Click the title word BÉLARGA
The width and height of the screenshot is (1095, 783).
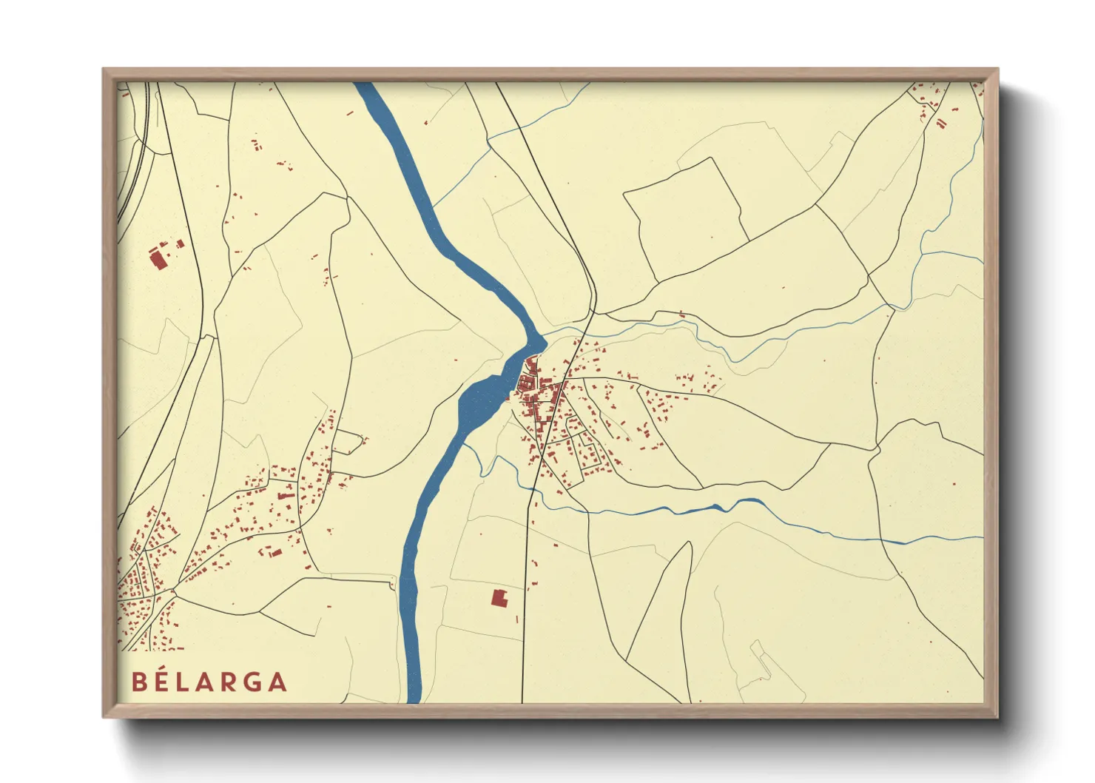209,682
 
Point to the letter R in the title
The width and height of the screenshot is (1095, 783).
229,682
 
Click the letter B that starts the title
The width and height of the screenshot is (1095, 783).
139,682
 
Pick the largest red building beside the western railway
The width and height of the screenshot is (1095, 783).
157,259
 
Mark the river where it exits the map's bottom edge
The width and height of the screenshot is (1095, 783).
413,696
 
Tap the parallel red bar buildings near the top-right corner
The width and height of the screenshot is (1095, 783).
940,123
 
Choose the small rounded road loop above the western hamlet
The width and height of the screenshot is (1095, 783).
348,443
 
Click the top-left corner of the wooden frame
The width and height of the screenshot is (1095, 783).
104,70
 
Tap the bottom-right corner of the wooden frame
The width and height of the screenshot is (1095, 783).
997,717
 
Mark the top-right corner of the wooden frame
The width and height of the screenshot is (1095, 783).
997,70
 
